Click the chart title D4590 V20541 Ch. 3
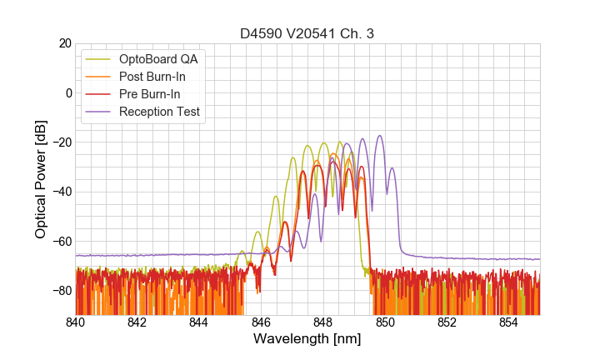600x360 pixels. (x=307, y=33)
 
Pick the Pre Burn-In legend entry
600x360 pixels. (x=159, y=94)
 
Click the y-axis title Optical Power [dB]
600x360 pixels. (x=41, y=179)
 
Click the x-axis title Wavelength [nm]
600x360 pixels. (x=307, y=340)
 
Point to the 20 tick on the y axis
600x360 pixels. (x=64, y=43)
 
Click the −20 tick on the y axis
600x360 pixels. (x=62, y=142)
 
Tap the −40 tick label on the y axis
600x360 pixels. (x=62, y=192)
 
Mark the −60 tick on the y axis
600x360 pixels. (x=62, y=241)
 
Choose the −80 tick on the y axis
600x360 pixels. (x=62, y=291)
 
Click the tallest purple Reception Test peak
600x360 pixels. (x=380, y=136)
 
